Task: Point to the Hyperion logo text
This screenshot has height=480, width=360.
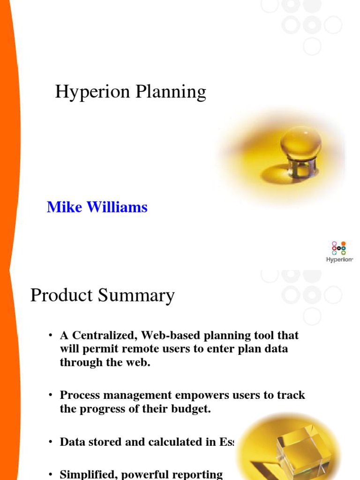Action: tap(339, 259)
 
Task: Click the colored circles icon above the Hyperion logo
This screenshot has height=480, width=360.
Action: tap(339, 248)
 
